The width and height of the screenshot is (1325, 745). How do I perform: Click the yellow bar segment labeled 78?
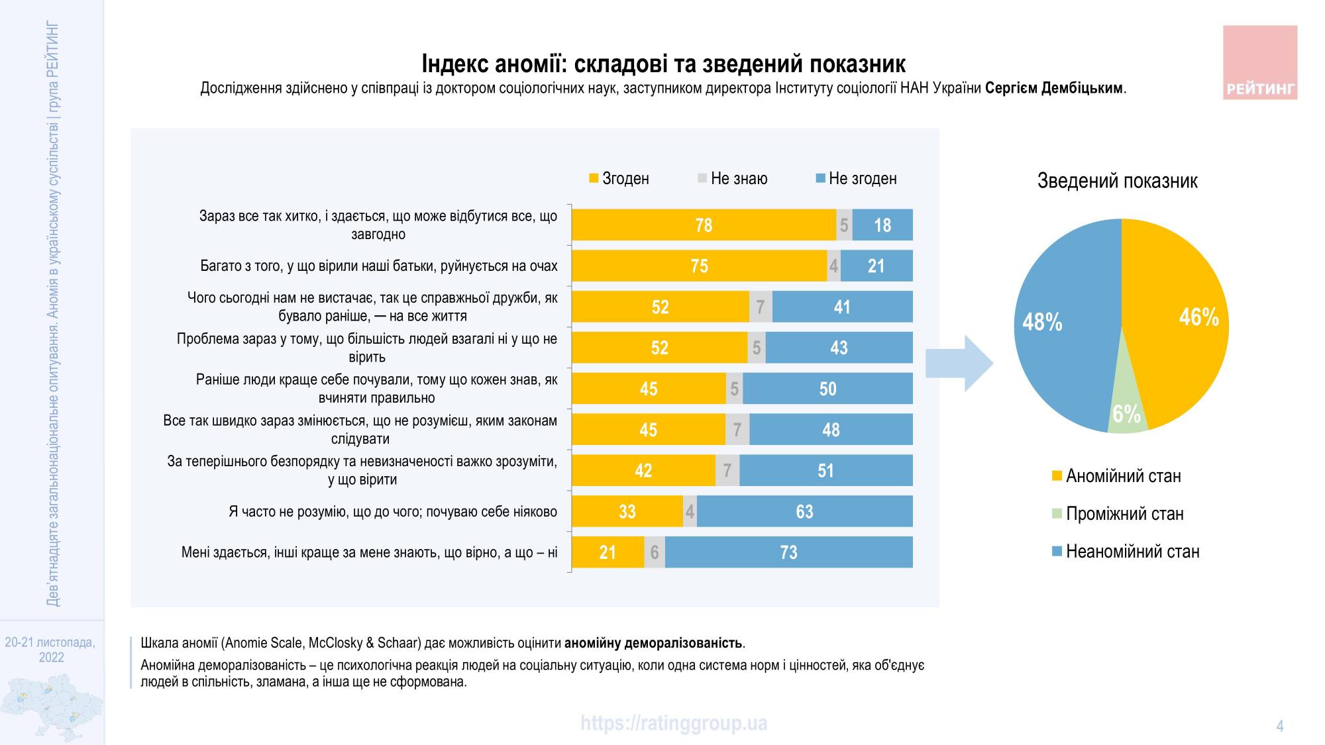(x=704, y=225)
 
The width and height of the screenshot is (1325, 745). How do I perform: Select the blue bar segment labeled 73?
(x=788, y=552)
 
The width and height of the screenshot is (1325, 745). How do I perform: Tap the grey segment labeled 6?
(x=655, y=552)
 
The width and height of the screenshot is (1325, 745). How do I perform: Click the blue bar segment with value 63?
(x=804, y=511)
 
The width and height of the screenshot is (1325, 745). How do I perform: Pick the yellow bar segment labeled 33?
(x=627, y=511)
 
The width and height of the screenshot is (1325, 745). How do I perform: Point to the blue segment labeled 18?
(x=882, y=225)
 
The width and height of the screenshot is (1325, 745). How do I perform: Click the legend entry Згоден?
(x=619, y=179)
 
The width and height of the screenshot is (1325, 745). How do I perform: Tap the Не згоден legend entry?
(x=856, y=179)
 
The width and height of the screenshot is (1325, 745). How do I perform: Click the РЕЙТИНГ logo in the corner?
(x=1259, y=63)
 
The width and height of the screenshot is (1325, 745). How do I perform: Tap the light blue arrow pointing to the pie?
(x=959, y=364)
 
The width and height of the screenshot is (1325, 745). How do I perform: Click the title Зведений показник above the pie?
(x=1117, y=181)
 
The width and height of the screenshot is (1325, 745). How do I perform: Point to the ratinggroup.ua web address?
(x=674, y=722)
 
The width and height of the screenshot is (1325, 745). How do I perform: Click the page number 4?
(x=1279, y=726)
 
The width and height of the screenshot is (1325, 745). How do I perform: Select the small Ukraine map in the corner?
(x=52, y=707)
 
